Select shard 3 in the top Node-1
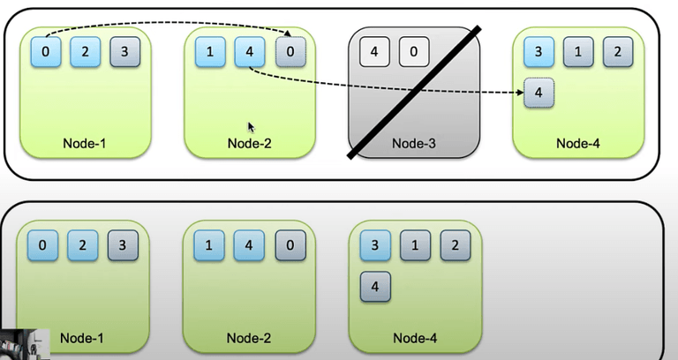click(124, 51)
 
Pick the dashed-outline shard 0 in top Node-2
click(290, 51)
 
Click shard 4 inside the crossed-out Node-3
click(374, 51)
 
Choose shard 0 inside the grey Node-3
click(413, 51)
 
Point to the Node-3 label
click(414, 143)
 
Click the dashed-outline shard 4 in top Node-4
click(539, 93)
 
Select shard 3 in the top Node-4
click(539, 51)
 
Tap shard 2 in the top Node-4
click(617, 51)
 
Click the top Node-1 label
click(85, 143)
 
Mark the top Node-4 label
click(578, 143)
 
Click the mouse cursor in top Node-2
click(252, 126)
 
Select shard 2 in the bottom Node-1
click(83, 244)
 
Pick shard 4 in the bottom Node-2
click(248, 244)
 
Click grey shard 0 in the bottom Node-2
click(289, 244)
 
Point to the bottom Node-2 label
click(248, 337)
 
